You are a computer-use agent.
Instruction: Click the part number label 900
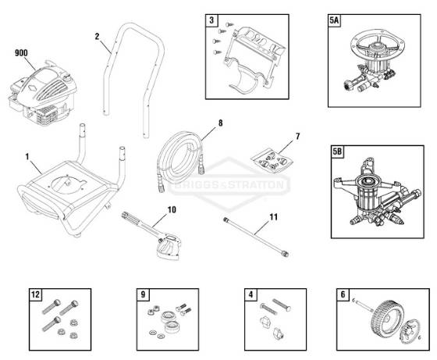[21, 53]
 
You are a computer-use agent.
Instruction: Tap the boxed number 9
[143, 294]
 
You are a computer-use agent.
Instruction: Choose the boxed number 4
[250, 294]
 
